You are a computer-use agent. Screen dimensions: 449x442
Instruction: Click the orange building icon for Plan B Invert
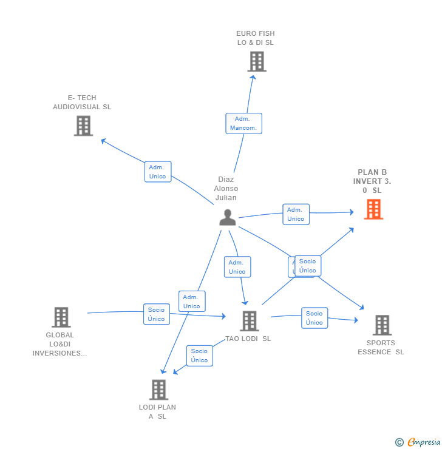point(373,209)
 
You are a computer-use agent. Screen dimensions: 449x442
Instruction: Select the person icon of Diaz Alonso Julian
point(228,217)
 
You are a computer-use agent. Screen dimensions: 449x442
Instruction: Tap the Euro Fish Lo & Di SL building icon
point(257,61)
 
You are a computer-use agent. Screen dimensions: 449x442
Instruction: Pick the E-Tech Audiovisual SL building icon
point(83,126)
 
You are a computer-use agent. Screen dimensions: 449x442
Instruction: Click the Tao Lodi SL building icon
point(249,321)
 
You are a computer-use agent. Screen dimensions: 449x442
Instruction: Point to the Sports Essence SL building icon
point(382,325)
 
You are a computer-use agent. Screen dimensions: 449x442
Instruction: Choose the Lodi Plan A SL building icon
point(158,390)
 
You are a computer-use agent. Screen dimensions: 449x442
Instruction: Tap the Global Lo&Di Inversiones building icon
point(61,317)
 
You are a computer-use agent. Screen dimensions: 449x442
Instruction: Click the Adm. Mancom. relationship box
point(243,123)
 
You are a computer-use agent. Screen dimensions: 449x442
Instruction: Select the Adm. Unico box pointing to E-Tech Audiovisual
point(158,172)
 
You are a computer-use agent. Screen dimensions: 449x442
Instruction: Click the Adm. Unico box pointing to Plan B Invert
point(296,214)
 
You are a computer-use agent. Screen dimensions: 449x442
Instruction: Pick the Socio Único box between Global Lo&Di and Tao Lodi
point(156,314)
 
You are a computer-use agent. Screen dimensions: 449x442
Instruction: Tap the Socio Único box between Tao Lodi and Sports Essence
point(314,318)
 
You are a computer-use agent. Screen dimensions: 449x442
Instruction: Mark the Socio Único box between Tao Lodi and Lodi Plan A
point(199,356)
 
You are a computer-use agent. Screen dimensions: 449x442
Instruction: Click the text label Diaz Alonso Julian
point(226,189)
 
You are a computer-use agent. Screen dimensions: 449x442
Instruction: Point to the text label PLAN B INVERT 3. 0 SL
point(372,181)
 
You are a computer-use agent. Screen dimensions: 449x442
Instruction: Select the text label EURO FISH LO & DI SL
point(256,38)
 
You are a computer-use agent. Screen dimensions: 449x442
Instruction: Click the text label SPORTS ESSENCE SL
point(381,348)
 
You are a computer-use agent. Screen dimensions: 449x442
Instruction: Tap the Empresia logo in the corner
point(424,442)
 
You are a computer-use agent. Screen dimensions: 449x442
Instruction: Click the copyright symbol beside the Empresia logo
point(399,442)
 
